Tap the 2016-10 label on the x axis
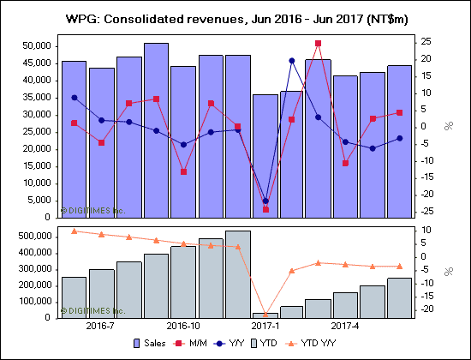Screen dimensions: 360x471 [182, 327]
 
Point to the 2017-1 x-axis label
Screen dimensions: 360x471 [265, 327]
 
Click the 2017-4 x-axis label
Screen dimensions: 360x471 [346, 327]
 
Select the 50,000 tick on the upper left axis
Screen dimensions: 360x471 [35, 46]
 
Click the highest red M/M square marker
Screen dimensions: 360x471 [319, 43]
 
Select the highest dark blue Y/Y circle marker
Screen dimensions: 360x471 [291, 61]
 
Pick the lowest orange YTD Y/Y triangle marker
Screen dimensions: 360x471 [265, 314]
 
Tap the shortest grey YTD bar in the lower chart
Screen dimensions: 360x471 [265, 315]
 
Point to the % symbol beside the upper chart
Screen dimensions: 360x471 [448, 126]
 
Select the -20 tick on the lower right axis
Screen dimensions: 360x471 [426, 309]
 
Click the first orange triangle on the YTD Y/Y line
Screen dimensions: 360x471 [74, 231]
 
